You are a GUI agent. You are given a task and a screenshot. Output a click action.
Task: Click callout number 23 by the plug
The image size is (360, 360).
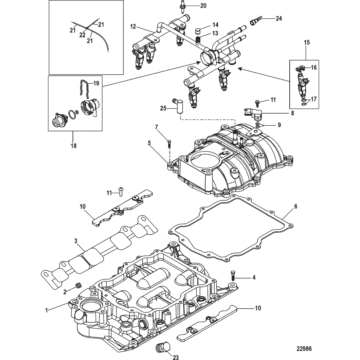(175, 357)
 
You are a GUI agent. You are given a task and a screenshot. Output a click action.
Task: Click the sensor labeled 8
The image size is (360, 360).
(253, 114)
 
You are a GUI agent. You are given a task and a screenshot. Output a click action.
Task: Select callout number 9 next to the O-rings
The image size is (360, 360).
(279, 125)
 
